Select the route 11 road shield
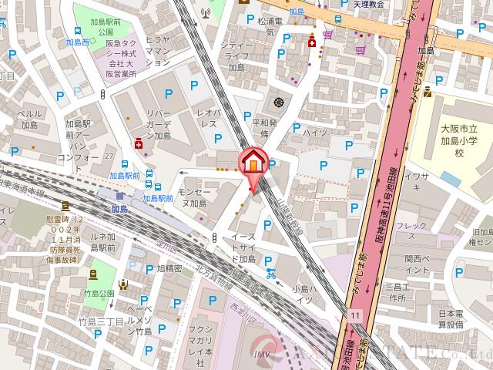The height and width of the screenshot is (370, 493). pyautogui.click(x=354, y=315)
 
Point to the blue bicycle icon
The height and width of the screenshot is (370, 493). pyautogui.click(x=270, y=272)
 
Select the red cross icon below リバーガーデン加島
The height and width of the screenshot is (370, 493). pyautogui.click(x=138, y=143)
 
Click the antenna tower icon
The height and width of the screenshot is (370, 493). pyautogui.click(x=206, y=12)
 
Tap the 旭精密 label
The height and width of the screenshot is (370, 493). pyautogui.click(x=169, y=269)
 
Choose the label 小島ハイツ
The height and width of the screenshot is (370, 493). pyautogui.click(x=302, y=294)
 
